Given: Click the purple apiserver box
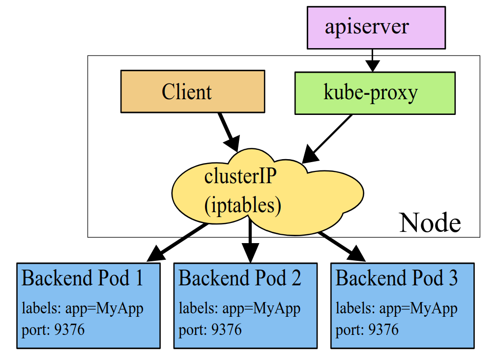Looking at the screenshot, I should tap(376, 28).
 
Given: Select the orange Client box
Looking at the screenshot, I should tap(192, 92).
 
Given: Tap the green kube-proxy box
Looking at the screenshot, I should tap(375, 93).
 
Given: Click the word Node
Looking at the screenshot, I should tap(430, 222).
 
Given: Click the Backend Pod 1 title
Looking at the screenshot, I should tap(83, 278).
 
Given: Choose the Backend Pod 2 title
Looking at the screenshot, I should tap(239, 278).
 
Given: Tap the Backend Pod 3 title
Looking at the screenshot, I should tap(396, 278).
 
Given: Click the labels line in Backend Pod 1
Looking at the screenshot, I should tap(83, 308).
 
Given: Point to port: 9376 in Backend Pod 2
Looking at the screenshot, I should tap(210, 329).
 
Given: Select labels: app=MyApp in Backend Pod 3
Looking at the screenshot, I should tap(396, 308).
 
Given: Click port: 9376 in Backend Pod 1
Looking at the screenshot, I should tap(53, 329).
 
